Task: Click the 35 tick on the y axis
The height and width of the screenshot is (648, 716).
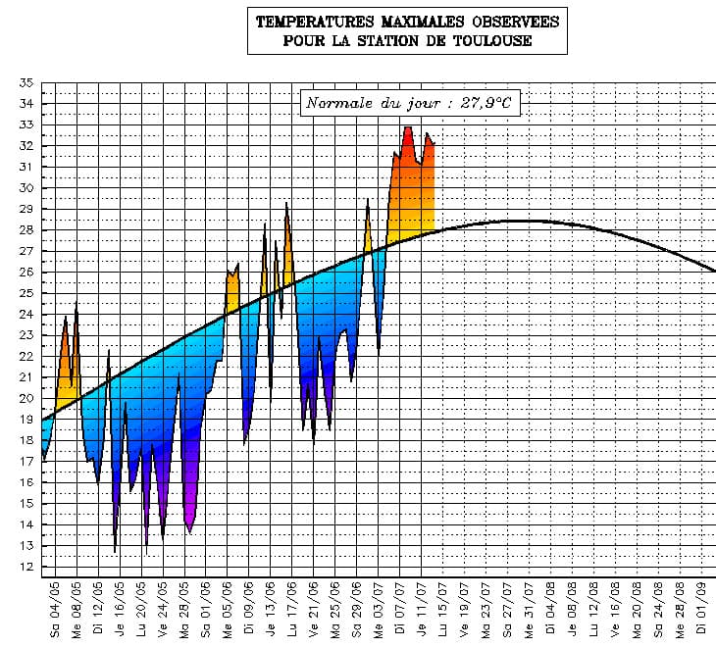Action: click(x=26, y=82)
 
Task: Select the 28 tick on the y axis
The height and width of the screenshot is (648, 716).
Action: click(x=26, y=229)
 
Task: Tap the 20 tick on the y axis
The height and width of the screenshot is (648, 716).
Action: click(x=26, y=398)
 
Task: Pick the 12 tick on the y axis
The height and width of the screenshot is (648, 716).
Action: click(x=26, y=567)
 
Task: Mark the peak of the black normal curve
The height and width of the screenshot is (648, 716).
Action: click(x=519, y=221)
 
